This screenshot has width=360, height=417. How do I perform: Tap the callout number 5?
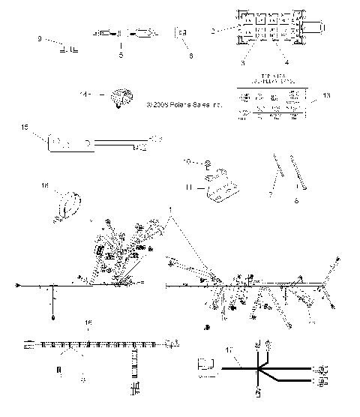[x=120, y=55]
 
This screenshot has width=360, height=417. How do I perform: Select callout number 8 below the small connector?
[x=190, y=55]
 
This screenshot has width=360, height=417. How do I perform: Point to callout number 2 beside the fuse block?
[x=213, y=30]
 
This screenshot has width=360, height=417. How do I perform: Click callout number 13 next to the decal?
[x=325, y=96]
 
